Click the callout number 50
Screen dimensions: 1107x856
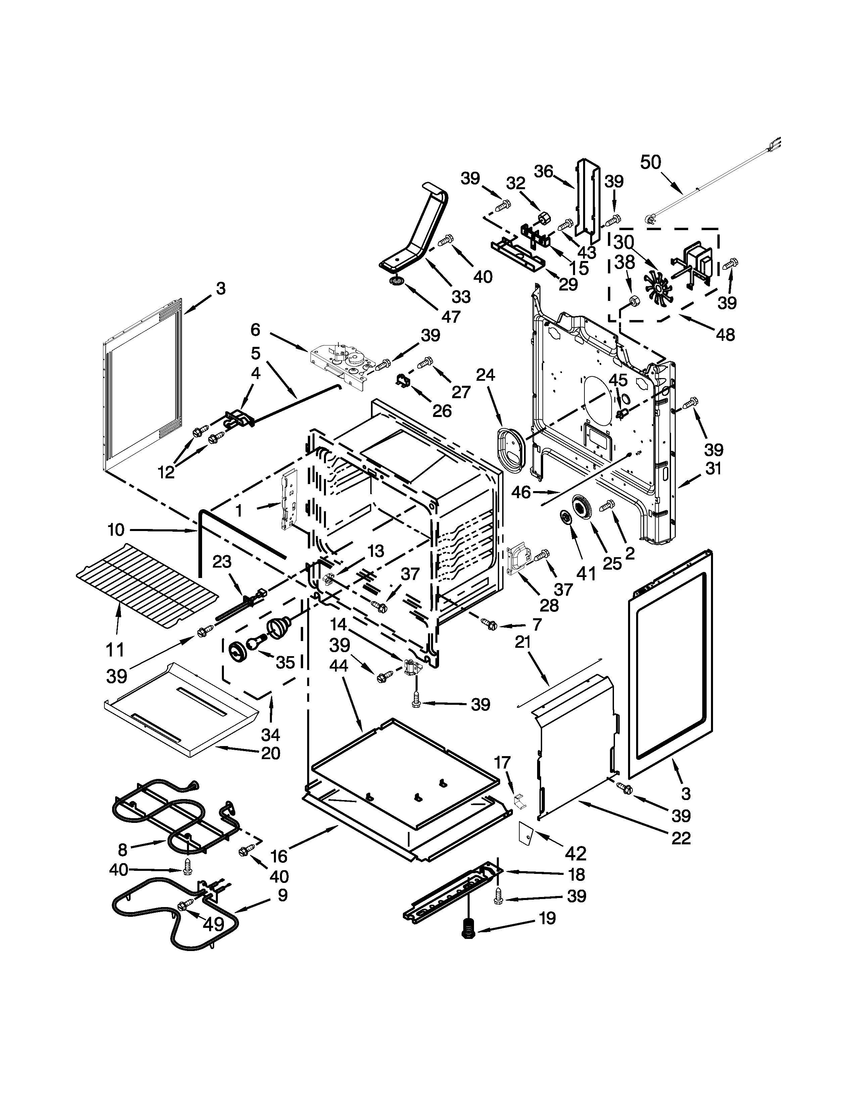(x=651, y=162)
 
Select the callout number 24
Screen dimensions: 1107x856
(x=485, y=375)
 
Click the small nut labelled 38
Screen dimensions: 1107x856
(x=632, y=301)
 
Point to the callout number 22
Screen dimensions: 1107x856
(x=681, y=838)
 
